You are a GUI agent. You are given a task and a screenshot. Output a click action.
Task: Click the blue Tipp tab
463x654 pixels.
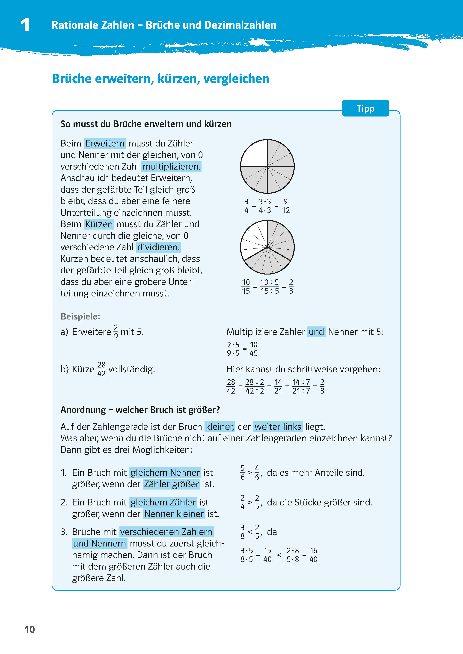[x=365, y=108]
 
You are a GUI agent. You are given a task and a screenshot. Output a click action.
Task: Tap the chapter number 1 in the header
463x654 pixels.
[x=25, y=25]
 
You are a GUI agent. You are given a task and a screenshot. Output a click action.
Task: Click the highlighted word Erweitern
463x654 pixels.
[x=105, y=143]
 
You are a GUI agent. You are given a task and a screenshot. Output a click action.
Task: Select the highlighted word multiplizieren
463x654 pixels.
[x=171, y=166]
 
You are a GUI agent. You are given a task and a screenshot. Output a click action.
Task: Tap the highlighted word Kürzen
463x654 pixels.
[x=99, y=224]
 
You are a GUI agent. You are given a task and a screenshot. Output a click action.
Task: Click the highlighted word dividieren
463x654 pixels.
[x=158, y=247]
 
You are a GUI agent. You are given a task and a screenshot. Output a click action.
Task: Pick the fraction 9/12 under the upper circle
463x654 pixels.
[x=285, y=206]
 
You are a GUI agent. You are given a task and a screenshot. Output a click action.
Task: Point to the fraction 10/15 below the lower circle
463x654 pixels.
[x=246, y=286]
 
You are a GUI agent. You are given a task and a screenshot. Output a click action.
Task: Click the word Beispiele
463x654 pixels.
[x=80, y=316]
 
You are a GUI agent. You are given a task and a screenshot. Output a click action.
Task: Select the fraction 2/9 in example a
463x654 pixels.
[x=116, y=331]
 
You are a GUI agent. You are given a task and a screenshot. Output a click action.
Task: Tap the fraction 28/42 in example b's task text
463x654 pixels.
[x=101, y=369]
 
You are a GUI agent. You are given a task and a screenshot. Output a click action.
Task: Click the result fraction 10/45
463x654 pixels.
[x=253, y=349]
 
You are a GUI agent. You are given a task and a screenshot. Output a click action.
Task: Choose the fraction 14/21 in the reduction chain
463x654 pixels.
[x=278, y=386]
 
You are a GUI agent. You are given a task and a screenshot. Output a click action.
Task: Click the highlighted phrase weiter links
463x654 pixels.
[x=278, y=426]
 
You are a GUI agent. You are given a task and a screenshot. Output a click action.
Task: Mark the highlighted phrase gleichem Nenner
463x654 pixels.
[x=165, y=472]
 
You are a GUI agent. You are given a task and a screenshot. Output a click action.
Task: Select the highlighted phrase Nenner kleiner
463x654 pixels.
[x=174, y=514]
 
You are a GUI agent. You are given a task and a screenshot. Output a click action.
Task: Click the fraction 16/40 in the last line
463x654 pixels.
[x=313, y=555]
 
